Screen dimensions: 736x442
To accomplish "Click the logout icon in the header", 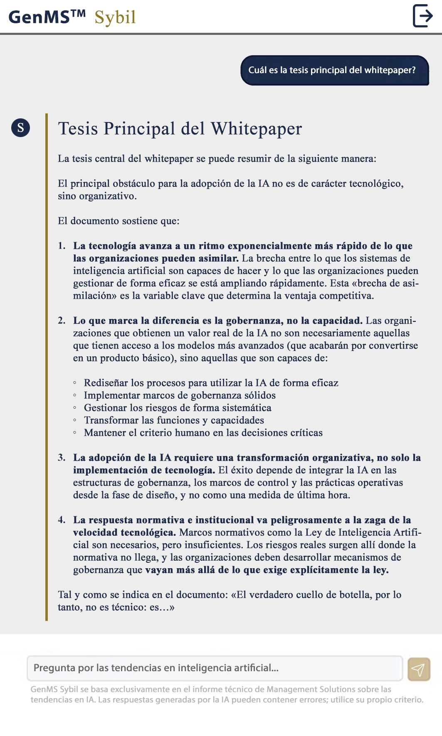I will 423,16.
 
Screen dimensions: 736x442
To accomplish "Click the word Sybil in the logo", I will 115,17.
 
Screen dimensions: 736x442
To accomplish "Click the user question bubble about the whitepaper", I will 334,70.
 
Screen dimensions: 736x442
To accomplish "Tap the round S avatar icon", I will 20,128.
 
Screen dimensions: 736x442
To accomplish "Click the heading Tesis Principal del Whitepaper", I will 180,129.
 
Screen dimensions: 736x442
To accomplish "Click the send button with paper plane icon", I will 418,669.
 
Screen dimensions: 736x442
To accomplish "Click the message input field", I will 215,668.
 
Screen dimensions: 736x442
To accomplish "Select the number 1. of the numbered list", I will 62,246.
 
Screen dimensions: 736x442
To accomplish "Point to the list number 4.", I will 62,520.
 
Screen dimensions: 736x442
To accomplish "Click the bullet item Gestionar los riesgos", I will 178,408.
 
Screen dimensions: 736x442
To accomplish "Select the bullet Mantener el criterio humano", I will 203,433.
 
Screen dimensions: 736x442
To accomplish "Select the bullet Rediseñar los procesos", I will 211,383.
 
